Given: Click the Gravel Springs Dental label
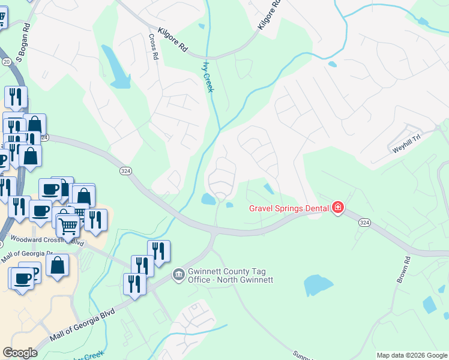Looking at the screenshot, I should pos(289,208).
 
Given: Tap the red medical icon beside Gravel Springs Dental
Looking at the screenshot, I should pos(338,208).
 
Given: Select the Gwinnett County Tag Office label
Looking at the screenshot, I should pos(231,275).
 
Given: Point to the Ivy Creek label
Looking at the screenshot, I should pos(208,77).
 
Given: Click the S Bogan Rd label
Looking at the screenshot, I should pos(23,43).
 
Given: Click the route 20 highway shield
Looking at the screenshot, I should pos(6,62).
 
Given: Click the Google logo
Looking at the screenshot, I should pos(20,353).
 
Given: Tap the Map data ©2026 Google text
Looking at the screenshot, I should pos(411,355).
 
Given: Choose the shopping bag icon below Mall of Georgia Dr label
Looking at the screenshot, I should pos(58,265).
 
